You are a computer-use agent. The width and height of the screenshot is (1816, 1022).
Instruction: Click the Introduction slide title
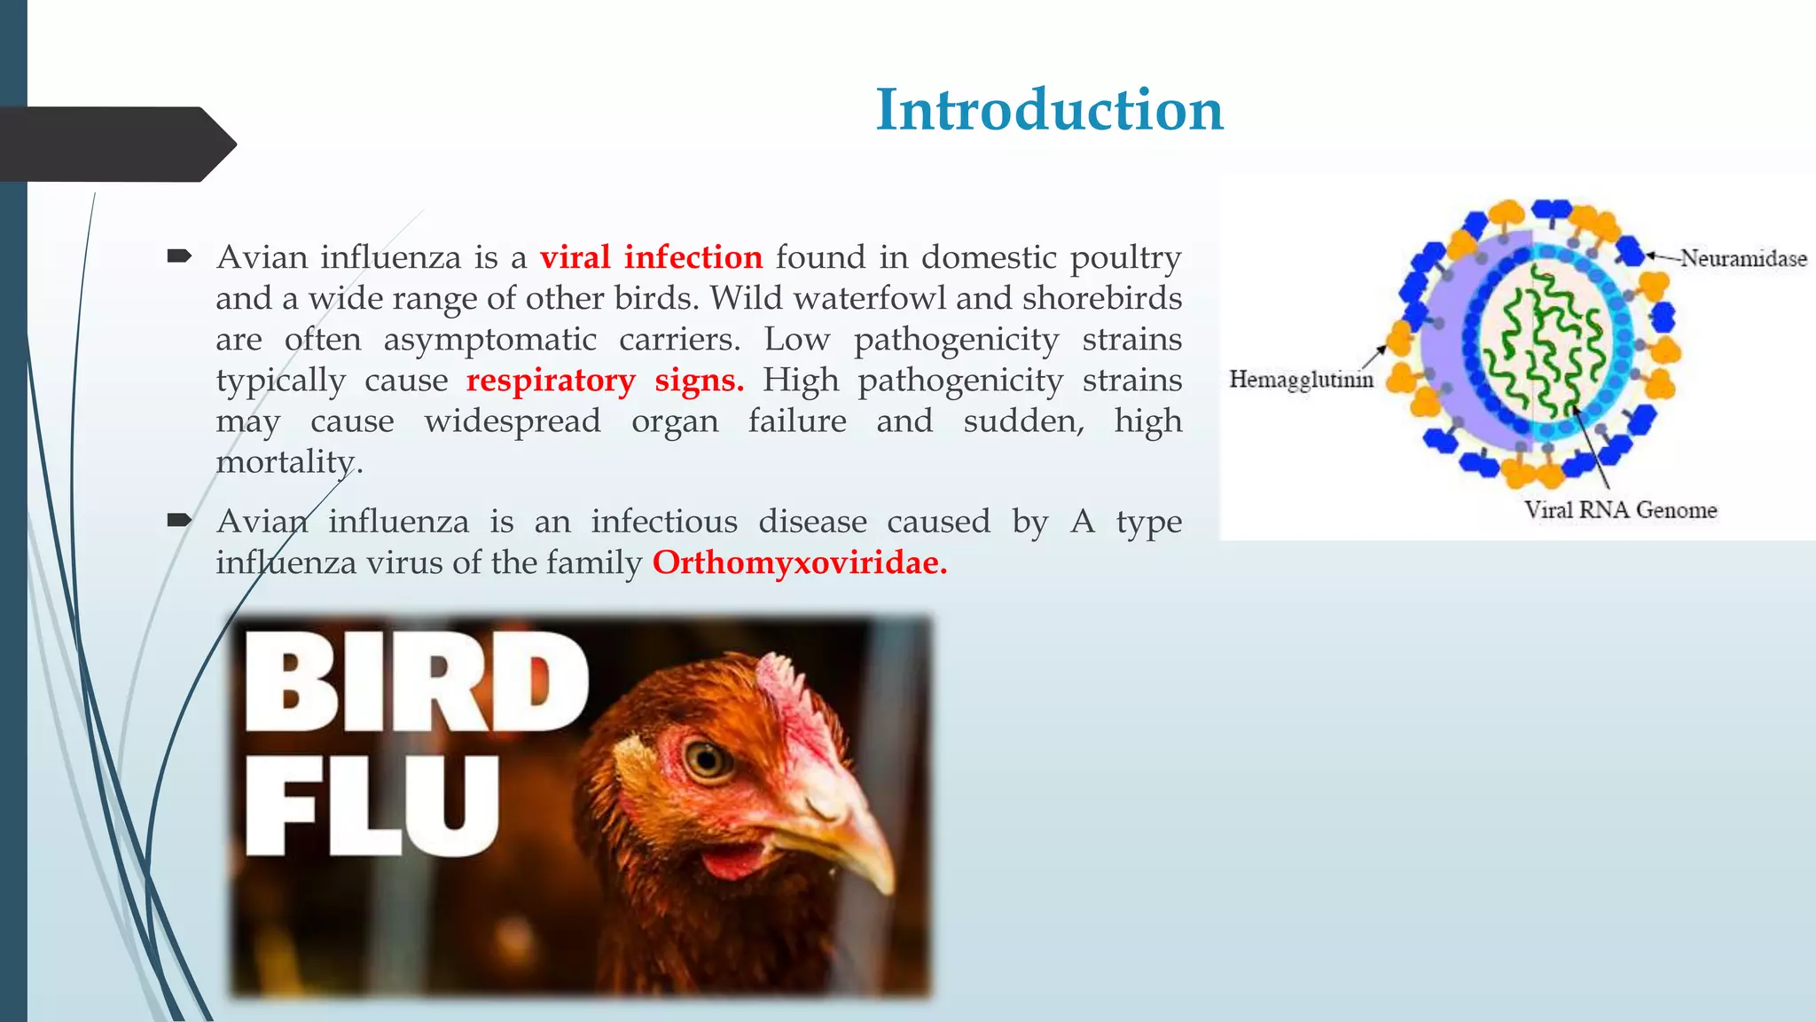click(x=1049, y=110)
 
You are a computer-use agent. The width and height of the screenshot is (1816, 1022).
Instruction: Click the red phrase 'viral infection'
click(x=651, y=257)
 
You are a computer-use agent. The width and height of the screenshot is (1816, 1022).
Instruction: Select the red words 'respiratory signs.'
click(x=605, y=380)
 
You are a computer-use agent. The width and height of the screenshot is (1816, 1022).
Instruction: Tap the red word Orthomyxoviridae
click(x=799, y=562)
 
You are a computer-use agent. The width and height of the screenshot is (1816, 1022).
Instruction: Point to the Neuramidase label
click(x=1743, y=258)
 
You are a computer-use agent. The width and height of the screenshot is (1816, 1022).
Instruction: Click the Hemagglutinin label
click(x=1301, y=380)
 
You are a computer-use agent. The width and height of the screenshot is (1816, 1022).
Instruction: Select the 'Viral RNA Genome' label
click(x=1620, y=510)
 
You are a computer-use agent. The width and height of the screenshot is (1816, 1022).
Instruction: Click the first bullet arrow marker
click(x=179, y=257)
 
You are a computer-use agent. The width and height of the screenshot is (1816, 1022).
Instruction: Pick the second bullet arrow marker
click(x=179, y=521)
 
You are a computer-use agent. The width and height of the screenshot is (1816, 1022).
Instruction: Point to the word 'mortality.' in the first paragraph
click(x=289, y=461)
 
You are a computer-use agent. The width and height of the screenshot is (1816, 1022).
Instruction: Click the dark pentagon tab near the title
click(x=115, y=144)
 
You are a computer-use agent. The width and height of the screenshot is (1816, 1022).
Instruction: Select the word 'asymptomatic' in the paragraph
click(x=489, y=339)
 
